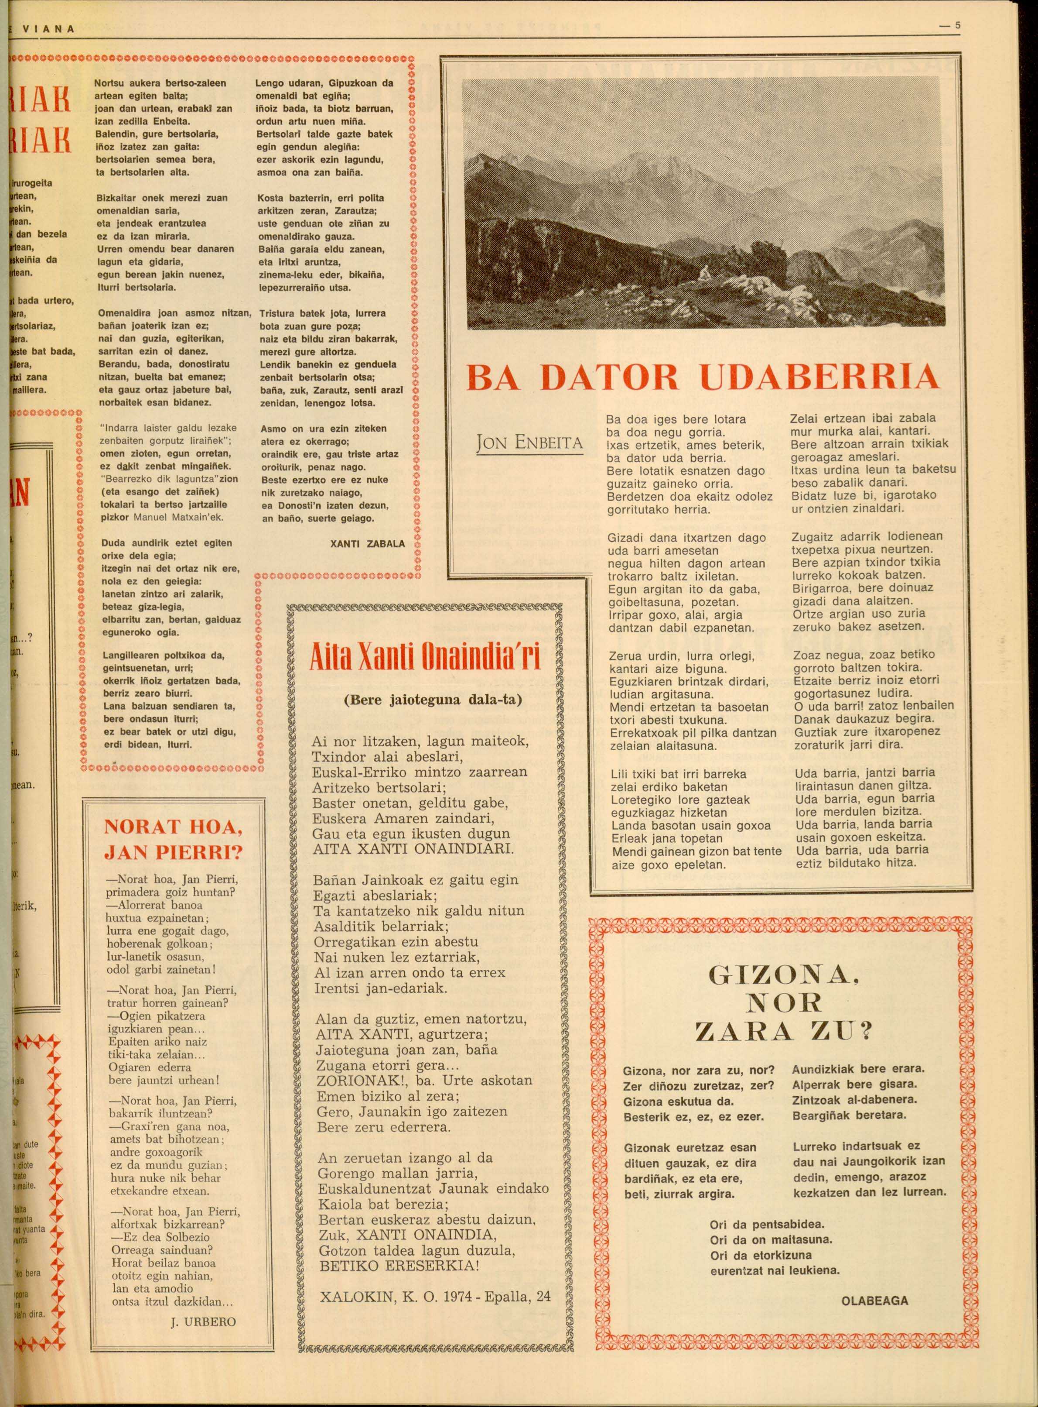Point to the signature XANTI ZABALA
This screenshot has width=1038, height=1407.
click(x=368, y=544)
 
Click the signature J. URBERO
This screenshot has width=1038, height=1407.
click(x=204, y=1304)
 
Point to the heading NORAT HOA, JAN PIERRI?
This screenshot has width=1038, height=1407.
click(x=173, y=840)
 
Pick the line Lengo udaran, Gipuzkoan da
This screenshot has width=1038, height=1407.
click(x=324, y=83)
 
